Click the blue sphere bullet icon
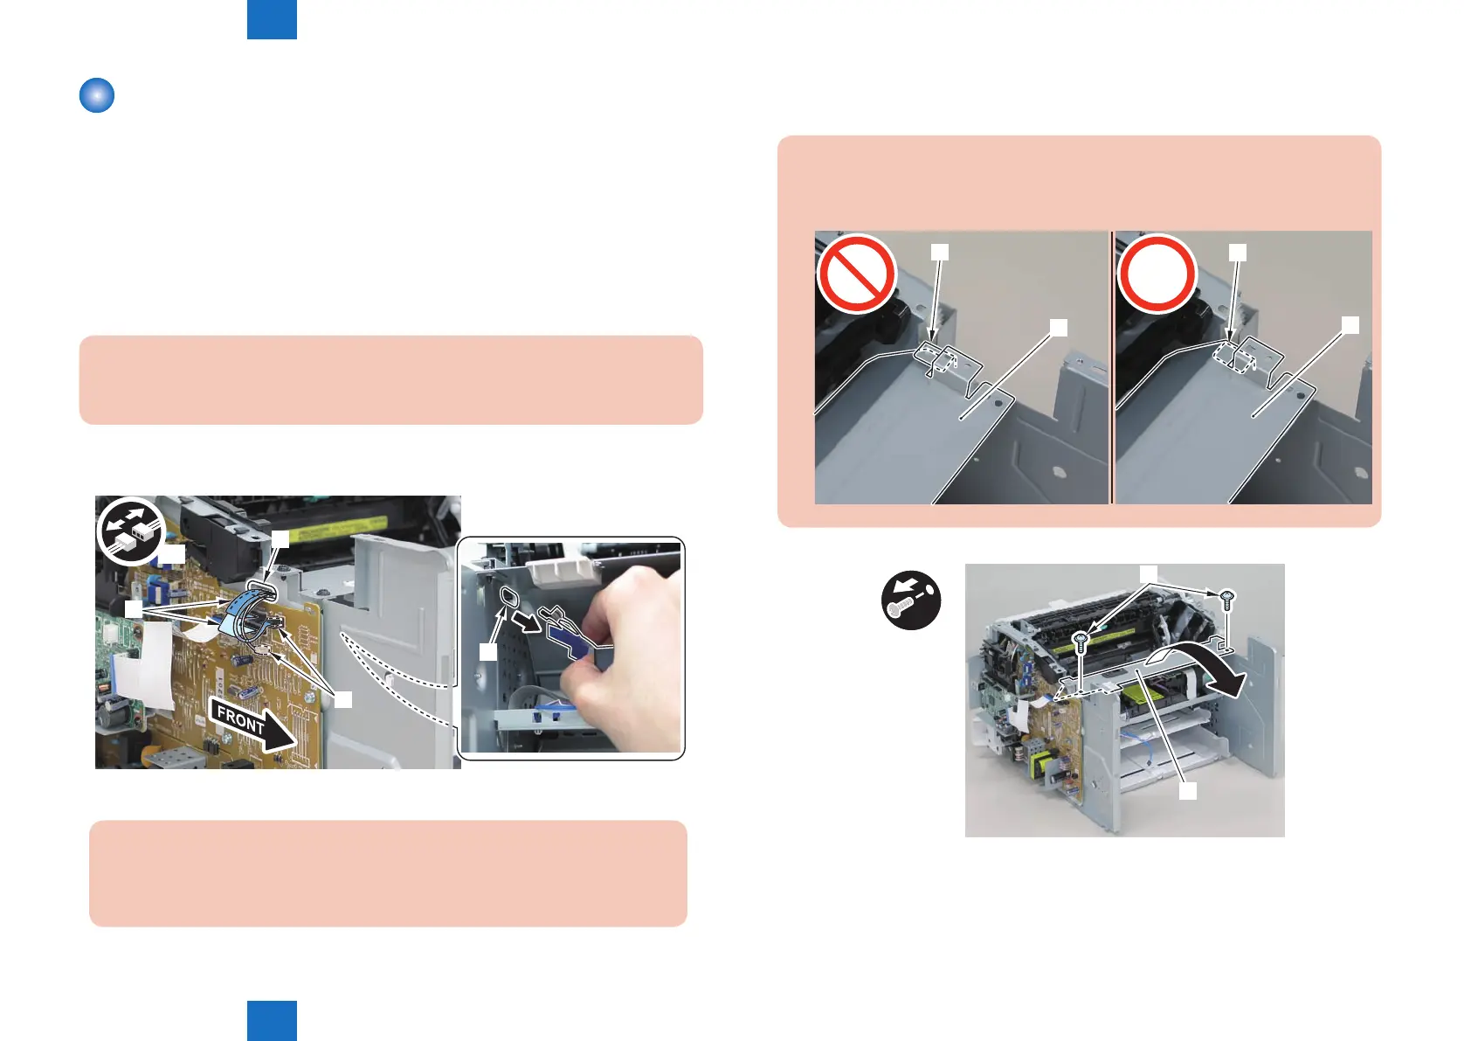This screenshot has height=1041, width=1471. (97, 95)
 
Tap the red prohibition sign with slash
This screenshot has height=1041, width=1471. (857, 274)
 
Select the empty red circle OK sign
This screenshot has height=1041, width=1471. (1157, 274)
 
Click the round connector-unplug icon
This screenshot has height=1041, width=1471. (131, 531)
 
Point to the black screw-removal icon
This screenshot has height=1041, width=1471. (911, 600)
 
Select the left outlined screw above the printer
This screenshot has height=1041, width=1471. (1081, 642)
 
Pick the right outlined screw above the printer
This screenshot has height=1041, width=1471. (1227, 600)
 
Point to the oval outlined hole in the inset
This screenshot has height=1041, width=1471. (510, 597)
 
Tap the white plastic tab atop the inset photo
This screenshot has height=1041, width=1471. (565, 571)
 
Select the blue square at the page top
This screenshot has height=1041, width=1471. (272, 20)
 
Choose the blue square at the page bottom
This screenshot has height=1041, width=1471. (272, 1021)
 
